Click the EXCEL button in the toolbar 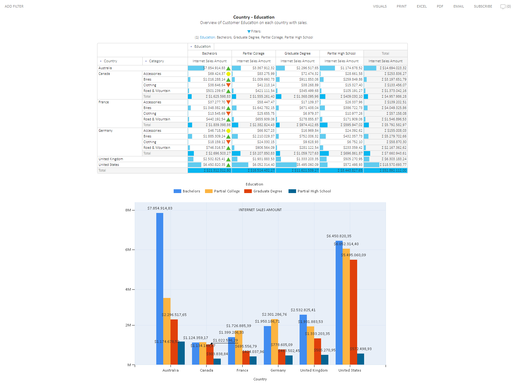[421, 6]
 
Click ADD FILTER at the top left [14, 6]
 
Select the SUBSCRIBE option [483, 6]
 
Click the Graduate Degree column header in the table [297, 53]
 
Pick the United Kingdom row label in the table [111, 159]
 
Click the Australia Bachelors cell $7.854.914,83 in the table [214, 68]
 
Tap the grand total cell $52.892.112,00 [393, 170]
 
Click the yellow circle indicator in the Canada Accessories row [228, 74]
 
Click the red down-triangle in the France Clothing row [228, 113]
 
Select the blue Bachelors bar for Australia [160, 284]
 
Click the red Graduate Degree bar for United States [353, 310]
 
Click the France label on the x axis [242, 370]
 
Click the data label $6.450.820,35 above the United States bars [339, 236]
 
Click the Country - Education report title [254, 17]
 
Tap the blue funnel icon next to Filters [249, 32]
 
